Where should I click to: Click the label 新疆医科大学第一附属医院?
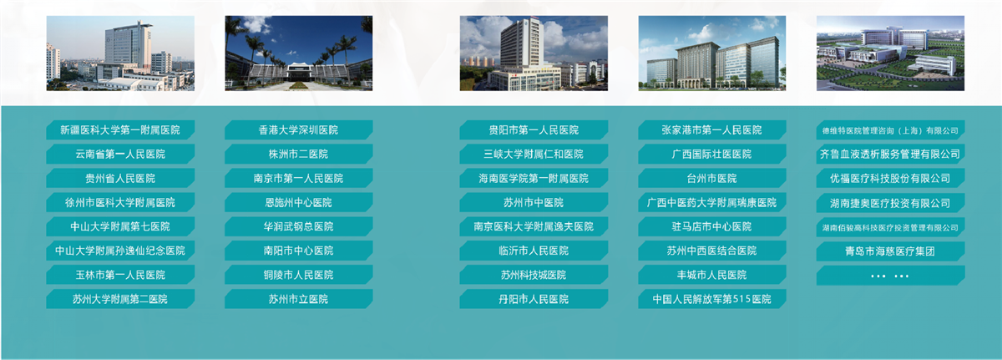[120, 130]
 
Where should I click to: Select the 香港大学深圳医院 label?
[298, 130]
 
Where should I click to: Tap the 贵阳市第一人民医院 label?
[534, 130]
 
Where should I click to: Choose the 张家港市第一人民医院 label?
[711, 130]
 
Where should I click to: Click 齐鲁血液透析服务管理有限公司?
[890, 155]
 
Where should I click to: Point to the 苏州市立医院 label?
[298, 299]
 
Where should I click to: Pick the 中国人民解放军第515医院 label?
[711, 299]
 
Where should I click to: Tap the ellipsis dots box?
[890, 276]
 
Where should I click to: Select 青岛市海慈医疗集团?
[890, 251]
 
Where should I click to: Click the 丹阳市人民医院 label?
[534, 299]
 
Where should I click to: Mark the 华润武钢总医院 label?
[298, 226]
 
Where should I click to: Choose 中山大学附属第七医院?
[120, 226]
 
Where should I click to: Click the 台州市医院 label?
[711, 179]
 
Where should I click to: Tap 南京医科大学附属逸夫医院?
[534, 226]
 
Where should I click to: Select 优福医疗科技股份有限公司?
[890, 179]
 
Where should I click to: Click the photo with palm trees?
[298, 53]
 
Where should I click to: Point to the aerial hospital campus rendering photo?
[890, 53]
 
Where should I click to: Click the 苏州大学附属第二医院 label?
[120, 299]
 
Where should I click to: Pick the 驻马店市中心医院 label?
[711, 226]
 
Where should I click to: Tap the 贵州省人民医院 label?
[120, 179]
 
